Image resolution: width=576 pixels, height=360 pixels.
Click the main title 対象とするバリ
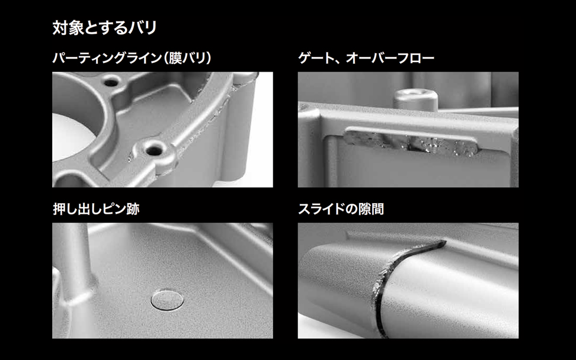[105, 28]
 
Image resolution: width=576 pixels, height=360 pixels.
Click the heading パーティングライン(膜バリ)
[132, 58]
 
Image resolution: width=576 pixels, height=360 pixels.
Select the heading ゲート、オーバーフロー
[366, 58]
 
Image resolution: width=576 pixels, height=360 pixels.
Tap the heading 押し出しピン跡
[96, 209]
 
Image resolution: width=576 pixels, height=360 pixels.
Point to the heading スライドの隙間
[341, 209]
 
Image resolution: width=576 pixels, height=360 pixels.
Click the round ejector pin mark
[167, 300]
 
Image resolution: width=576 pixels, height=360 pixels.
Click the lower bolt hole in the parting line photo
[153, 150]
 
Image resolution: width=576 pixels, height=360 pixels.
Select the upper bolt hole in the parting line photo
[111, 82]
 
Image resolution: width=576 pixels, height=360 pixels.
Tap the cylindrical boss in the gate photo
[415, 98]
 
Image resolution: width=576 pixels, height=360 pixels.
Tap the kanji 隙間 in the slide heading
[371, 209]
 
